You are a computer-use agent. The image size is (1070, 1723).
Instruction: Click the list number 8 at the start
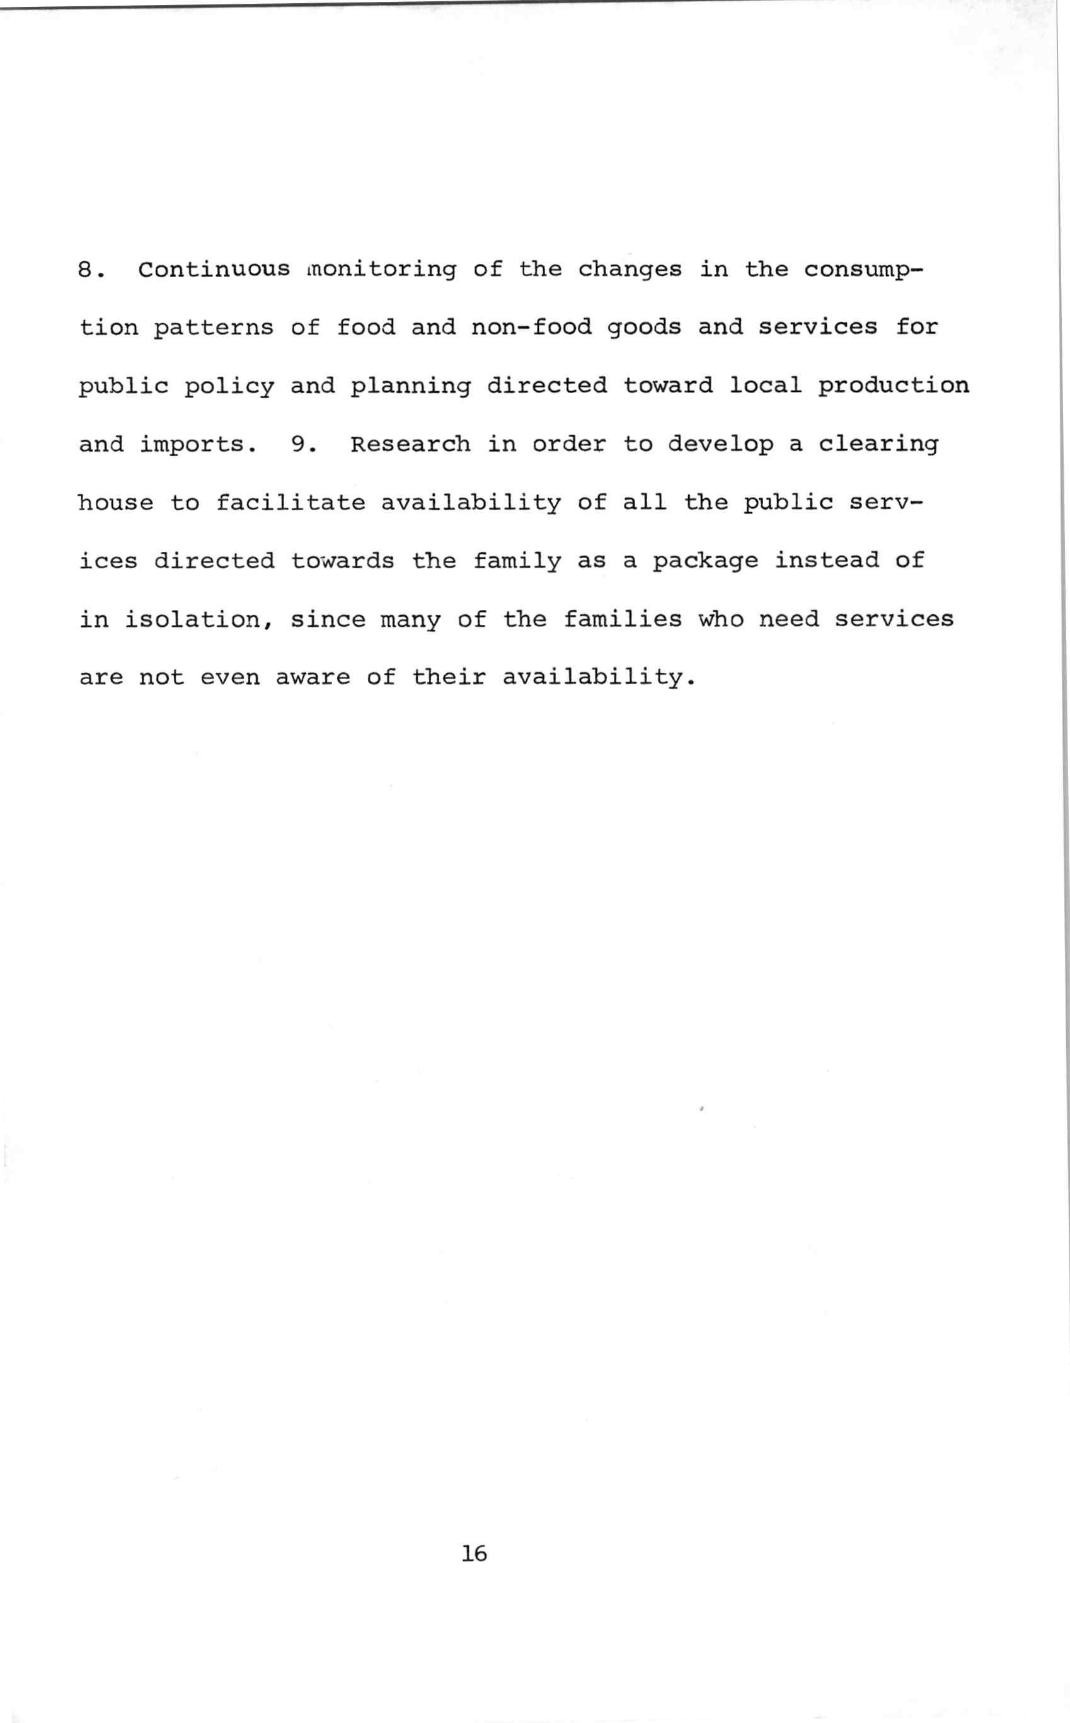(86, 270)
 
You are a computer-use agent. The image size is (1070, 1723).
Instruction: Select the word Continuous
(214, 270)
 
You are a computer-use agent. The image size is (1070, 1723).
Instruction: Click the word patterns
(214, 328)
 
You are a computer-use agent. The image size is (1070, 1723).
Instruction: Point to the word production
(894, 386)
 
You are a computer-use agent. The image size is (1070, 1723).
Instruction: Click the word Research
(410, 444)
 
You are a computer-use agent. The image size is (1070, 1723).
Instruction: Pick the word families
(623, 620)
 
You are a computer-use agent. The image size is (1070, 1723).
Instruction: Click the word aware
(312, 678)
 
